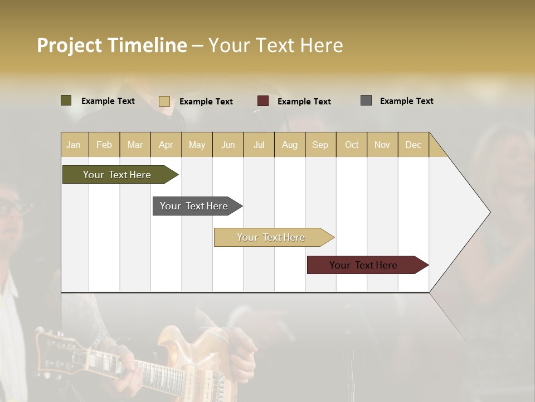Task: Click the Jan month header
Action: click(74, 145)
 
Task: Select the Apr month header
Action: click(166, 145)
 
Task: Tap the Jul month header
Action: click(259, 145)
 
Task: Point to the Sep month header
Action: click(320, 145)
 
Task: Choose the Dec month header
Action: click(413, 145)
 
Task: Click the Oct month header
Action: click(352, 145)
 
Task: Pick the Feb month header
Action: click(104, 145)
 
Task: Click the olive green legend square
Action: click(66, 100)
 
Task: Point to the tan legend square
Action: click(164, 101)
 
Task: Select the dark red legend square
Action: click(263, 101)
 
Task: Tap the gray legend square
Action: click(366, 100)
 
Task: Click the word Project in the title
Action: click(69, 45)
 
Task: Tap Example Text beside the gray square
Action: click(406, 101)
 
